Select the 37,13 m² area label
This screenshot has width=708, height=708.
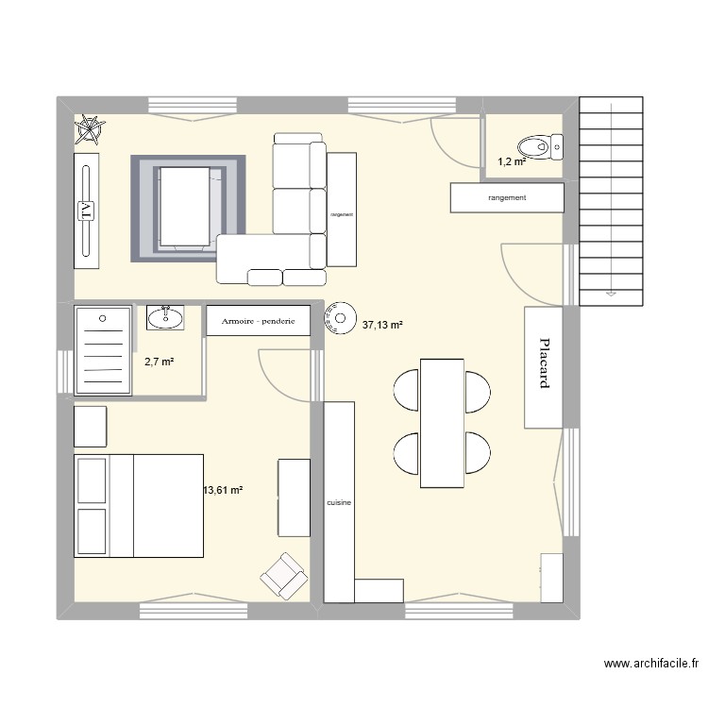(382, 326)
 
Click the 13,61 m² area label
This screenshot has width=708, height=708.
(224, 490)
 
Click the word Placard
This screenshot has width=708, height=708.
(544, 364)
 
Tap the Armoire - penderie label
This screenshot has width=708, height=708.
(258, 321)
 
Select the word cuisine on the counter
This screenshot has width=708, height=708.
(339, 503)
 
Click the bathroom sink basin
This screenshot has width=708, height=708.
(166, 318)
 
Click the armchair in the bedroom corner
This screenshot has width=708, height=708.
(284, 575)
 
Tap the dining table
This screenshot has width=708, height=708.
(442, 423)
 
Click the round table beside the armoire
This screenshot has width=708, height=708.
(338, 317)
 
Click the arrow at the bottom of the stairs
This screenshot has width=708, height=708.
(612, 295)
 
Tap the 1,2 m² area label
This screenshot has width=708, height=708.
(512, 161)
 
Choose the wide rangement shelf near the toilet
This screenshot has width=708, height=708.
(507, 197)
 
